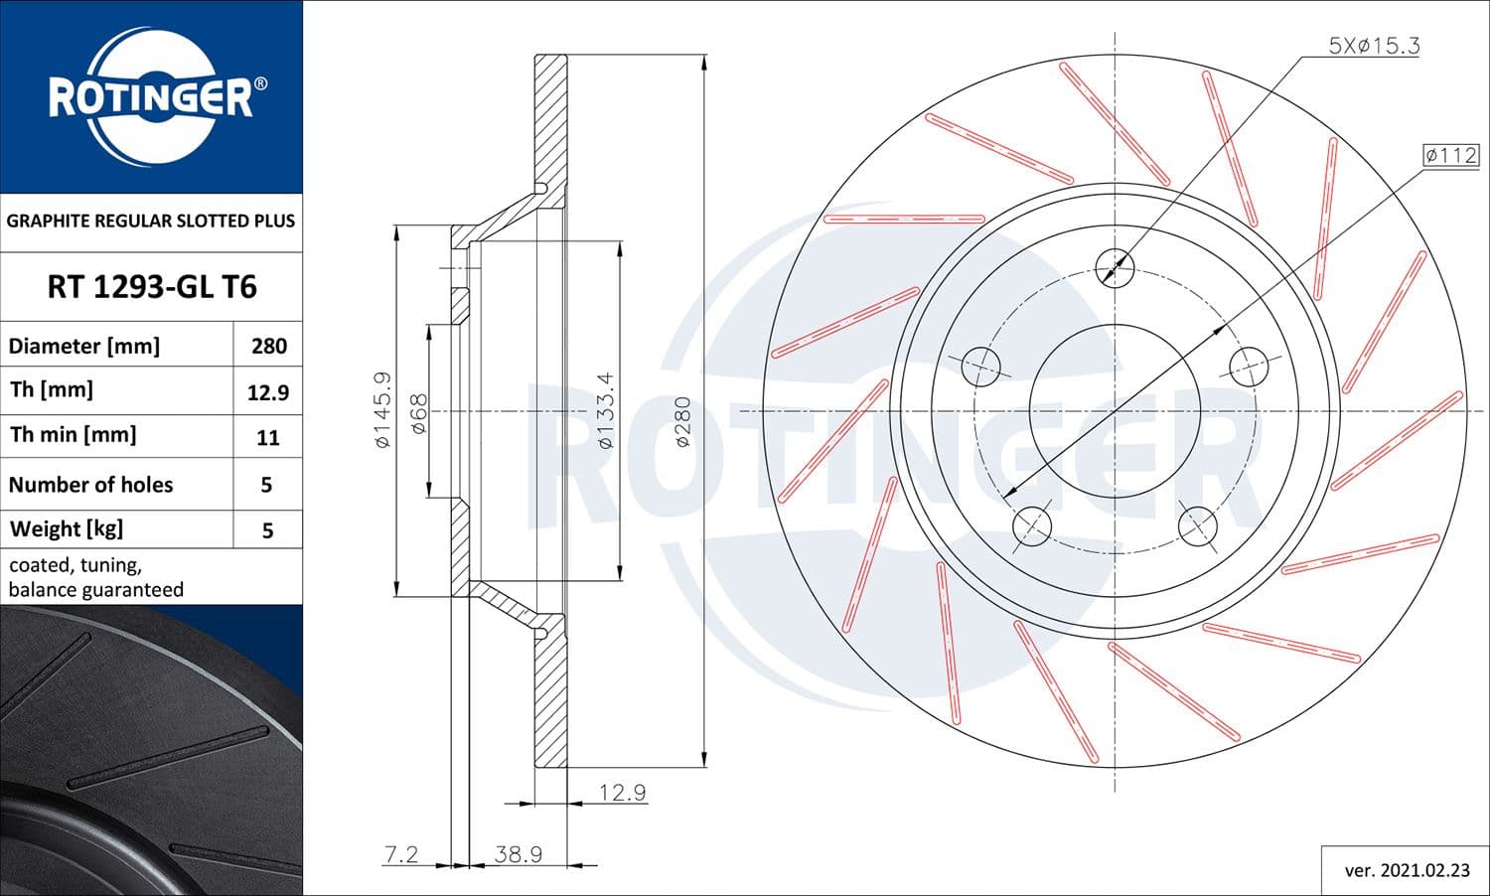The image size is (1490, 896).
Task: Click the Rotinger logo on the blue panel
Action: pyautogui.click(x=151, y=97)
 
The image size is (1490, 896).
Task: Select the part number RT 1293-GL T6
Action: pyautogui.click(x=151, y=287)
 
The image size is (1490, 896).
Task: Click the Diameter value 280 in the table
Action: pyautogui.click(x=268, y=346)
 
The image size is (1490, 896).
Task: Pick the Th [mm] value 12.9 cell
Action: pyautogui.click(x=268, y=392)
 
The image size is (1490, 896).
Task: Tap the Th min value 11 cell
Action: pyautogui.click(x=268, y=437)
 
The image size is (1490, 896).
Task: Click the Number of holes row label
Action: pyautogui.click(x=90, y=485)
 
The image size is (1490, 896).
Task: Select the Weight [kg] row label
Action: pyautogui.click(x=67, y=528)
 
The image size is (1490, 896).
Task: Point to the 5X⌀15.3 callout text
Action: pyautogui.click(x=1374, y=46)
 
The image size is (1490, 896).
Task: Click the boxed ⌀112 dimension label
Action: pyautogui.click(x=1450, y=155)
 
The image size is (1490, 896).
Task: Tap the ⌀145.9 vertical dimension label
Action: pyautogui.click(x=382, y=409)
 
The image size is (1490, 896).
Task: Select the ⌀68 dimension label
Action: pyautogui.click(x=418, y=413)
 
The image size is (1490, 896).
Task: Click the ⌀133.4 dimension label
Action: pyautogui.click(x=606, y=410)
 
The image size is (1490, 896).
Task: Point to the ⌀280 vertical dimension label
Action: pyautogui.click(x=682, y=422)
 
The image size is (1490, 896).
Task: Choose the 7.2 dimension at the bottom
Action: pyautogui.click(x=401, y=854)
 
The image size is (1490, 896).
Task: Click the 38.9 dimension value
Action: pyautogui.click(x=518, y=854)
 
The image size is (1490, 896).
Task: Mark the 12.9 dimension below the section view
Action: pyautogui.click(x=622, y=792)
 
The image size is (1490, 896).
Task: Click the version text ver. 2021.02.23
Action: pyautogui.click(x=1407, y=870)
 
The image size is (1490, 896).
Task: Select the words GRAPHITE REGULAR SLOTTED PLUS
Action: pyautogui.click(x=151, y=221)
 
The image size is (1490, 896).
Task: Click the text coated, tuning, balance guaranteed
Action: pyautogui.click(x=96, y=577)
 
